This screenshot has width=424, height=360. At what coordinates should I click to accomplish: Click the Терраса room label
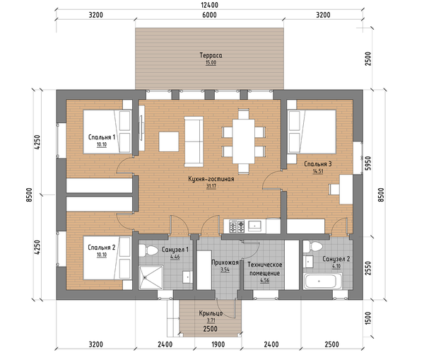coord(211,55)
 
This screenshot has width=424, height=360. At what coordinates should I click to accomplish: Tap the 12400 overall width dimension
coord(210,5)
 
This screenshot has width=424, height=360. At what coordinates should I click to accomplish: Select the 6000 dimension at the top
coord(210,15)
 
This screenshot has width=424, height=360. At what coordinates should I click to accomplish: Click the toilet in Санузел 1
coord(148,250)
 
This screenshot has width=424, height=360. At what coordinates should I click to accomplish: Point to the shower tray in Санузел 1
coord(151,277)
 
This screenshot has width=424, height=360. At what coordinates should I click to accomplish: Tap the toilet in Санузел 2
coord(313,247)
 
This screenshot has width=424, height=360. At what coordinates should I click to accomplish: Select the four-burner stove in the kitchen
coord(237,226)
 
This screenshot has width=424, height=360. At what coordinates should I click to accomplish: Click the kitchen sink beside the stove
coord(254,226)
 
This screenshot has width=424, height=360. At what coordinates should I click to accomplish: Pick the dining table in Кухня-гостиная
coord(244,141)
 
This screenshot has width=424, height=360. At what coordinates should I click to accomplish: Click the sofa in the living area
coord(194,141)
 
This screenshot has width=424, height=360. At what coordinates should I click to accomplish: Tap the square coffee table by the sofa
coord(169,141)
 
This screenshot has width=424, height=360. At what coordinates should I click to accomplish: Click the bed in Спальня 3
coord(312,132)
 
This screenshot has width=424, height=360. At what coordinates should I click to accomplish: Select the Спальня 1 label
coord(102,137)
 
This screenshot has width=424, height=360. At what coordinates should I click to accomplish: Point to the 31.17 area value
coord(211,186)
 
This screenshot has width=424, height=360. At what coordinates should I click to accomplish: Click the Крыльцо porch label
coord(211,313)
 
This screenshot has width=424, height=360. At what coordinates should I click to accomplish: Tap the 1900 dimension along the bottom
coord(218,344)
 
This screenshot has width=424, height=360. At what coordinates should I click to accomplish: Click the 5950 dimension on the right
coord(368,163)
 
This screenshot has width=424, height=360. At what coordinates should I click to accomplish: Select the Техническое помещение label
coord(265,269)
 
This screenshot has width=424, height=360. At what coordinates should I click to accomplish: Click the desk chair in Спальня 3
coord(334,190)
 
